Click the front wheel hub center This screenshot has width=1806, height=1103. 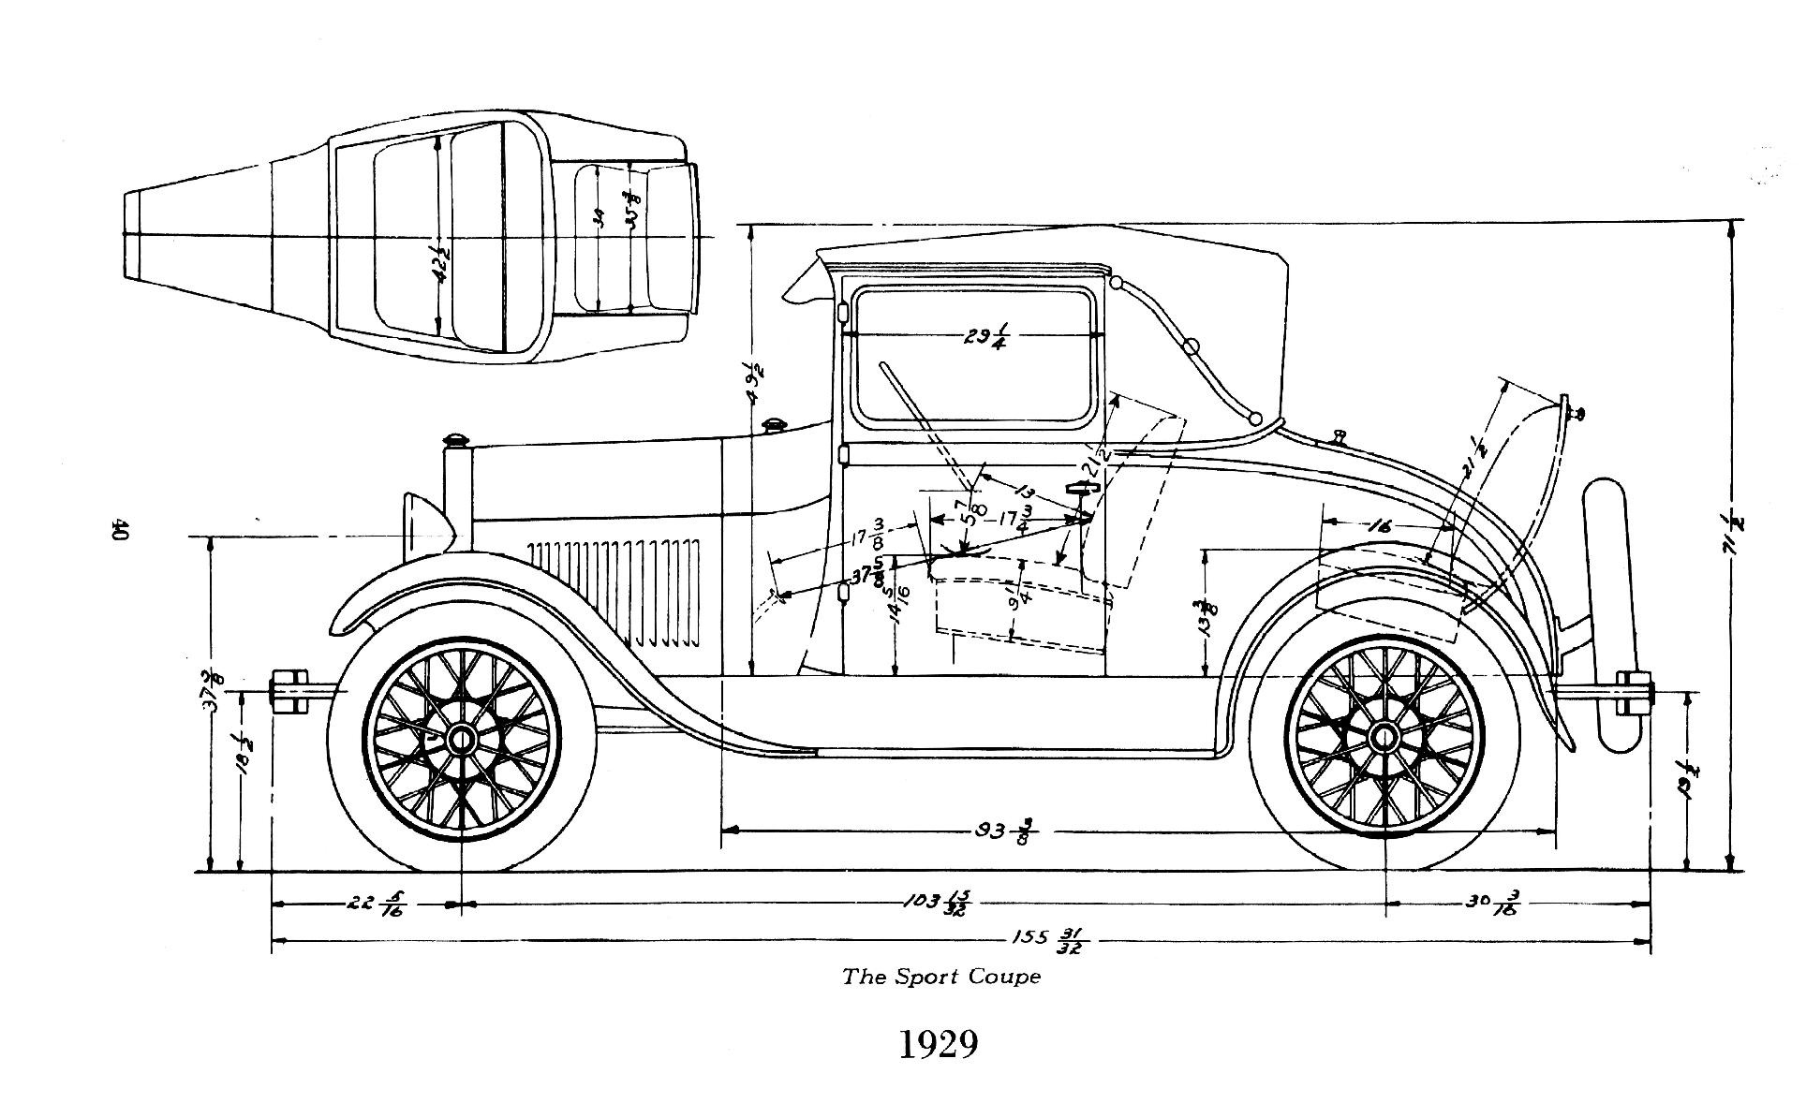tap(461, 740)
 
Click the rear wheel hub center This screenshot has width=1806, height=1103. tap(1384, 739)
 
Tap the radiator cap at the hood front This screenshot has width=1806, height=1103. tap(456, 439)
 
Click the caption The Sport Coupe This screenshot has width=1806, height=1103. tap(940, 978)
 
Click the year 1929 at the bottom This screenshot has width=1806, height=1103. tap(939, 1045)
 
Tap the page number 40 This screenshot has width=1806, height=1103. tap(119, 530)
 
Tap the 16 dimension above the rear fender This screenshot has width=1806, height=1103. tap(1379, 527)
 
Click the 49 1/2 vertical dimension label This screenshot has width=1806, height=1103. tap(755, 381)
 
